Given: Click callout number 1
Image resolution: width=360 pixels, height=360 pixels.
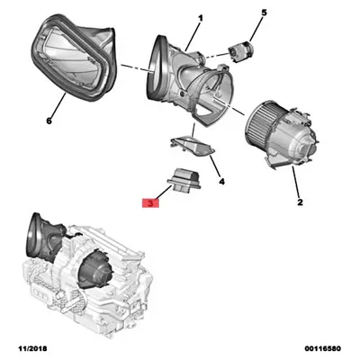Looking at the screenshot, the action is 200,19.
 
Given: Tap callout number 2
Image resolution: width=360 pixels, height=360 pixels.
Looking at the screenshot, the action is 300,202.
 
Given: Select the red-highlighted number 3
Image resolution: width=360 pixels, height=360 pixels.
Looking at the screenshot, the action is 150,203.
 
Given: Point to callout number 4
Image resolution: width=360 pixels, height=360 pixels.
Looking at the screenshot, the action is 221,181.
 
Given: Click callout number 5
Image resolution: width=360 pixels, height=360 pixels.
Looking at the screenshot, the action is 264,13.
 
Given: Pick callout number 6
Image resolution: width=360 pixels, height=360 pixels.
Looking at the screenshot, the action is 49,121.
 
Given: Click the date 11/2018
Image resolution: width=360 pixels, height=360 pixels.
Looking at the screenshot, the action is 32,348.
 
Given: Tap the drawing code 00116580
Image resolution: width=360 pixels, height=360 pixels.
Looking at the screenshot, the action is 323,348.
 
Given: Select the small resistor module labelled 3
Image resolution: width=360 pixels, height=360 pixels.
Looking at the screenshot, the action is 184,179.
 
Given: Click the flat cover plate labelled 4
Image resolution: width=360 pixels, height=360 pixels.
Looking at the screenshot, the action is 193,146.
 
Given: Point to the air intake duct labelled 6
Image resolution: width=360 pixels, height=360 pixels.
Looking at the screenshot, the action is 74,57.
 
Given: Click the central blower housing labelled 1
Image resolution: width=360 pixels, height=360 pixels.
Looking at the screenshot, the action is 191,81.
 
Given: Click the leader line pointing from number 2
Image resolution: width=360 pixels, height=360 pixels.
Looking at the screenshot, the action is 296,182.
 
